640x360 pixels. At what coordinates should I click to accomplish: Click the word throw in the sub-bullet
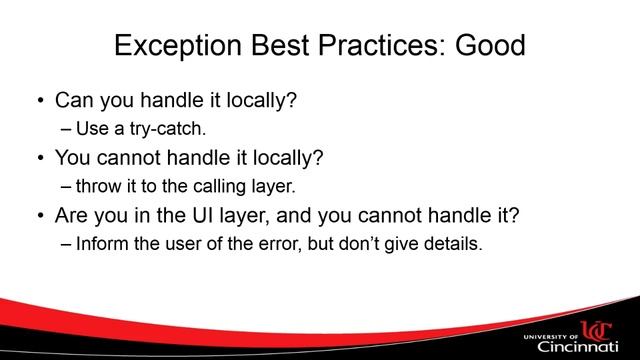click(98, 185)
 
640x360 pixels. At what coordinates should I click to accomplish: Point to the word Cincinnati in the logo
click(580, 345)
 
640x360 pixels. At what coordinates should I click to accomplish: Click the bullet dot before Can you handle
click(39, 102)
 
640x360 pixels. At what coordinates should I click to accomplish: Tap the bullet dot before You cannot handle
click(39, 158)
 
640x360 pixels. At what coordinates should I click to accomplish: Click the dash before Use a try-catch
click(67, 129)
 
